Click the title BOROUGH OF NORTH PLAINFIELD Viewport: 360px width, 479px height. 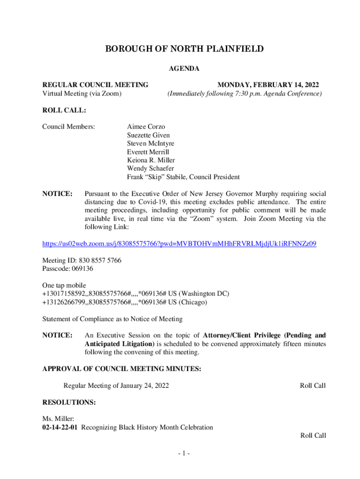[184, 49]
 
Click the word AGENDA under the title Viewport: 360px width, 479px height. [184, 69]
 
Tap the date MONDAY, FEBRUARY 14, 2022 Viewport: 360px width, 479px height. [268, 85]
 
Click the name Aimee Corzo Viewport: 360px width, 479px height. [146, 127]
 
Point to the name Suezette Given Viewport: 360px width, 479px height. [148, 135]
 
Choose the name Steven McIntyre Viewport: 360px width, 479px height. [151, 144]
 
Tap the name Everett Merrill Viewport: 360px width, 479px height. [148, 152]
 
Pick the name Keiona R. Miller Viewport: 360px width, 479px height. [151, 160]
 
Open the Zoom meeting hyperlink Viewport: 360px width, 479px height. [180, 244]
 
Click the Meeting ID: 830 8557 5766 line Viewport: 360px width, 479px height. [82, 260]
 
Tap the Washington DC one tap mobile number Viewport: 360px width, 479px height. [136, 294]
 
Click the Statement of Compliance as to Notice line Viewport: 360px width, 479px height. [112, 319]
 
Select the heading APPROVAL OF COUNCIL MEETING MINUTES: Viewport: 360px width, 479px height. [122, 369]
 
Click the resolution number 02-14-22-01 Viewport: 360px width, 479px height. [61, 427]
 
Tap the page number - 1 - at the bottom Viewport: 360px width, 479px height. [180, 453]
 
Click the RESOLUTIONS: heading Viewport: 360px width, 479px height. [69, 402]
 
